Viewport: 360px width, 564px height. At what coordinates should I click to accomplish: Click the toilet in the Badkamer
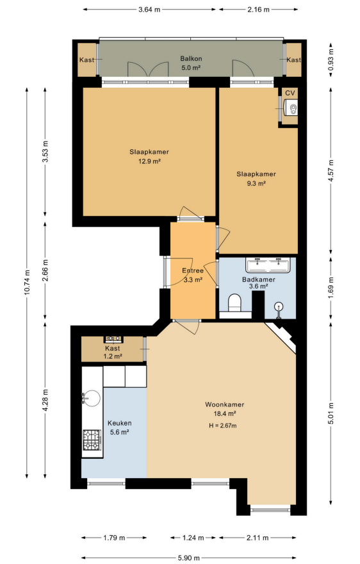pyautogui.click(x=235, y=303)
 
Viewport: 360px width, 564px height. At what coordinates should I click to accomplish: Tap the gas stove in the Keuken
pyautogui.click(x=92, y=440)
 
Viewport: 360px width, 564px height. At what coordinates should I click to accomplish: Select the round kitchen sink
pyautogui.click(x=92, y=399)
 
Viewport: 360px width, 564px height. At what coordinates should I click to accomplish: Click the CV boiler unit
pyautogui.click(x=291, y=108)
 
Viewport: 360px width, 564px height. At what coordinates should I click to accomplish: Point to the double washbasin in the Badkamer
pyautogui.click(x=268, y=265)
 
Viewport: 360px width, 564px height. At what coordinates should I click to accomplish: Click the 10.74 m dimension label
pyautogui.click(x=27, y=283)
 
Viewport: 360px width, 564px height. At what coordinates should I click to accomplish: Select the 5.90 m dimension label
pyautogui.click(x=188, y=558)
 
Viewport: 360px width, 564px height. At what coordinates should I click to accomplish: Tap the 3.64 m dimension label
pyautogui.click(x=149, y=10)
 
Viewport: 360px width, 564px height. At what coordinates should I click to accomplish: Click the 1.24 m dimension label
pyautogui.click(x=193, y=538)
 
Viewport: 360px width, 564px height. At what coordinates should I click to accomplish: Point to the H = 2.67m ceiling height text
pyautogui.click(x=223, y=426)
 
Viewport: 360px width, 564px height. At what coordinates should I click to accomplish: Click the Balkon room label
pyautogui.click(x=191, y=58)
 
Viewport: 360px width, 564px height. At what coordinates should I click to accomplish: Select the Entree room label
pyautogui.click(x=193, y=271)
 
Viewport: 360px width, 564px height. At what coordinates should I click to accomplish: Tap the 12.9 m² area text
pyautogui.click(x=149, y=161)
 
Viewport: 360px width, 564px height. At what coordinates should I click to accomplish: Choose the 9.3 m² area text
pyautogui.click(x=256, y=183)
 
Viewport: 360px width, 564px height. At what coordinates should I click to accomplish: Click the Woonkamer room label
pyautogui.click(x=225, y=404)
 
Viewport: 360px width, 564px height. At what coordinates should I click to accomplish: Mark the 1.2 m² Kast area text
pyautogui.click(x=113, y=356)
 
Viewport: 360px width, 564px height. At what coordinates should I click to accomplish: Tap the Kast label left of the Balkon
pyautogui.click(x=86, y=60)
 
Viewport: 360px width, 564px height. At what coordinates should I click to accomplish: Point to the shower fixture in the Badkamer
pyautogui.click(x=279, y=310)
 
